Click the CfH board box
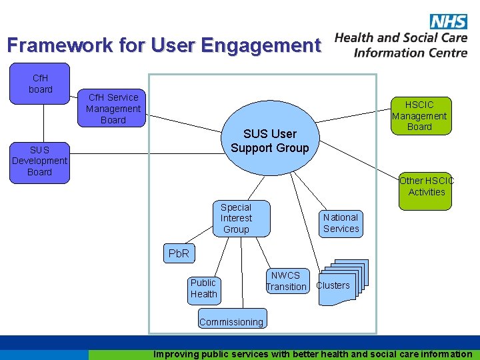[x=40, y=83]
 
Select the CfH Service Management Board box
[x=113, y=109]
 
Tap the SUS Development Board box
[x=39, y=161]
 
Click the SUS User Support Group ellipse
[x=269, y=141]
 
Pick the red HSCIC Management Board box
[x=419, y=115]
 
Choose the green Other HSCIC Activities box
[x=427, y=186]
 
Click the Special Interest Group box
[x=236, y=218]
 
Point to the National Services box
[x=341, y=223]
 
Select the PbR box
[x=179, y=254]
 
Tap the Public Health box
[x=203, y=288]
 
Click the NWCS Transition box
[x=286, y=281]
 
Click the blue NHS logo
[x=448, y=21]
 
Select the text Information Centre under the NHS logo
[x=411, y=53]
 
